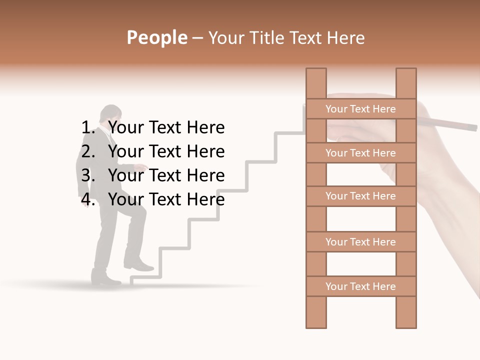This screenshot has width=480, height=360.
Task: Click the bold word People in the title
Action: point(156,37)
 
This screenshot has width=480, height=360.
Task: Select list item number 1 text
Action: point(166,127)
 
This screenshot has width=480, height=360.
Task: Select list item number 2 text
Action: point(166,151)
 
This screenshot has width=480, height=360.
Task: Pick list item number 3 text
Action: point(166,175)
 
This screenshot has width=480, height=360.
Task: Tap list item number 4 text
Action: point(166,199)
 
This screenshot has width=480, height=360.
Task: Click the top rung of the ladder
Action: point(360,109)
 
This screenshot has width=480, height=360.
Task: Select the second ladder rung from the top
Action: point(360,153)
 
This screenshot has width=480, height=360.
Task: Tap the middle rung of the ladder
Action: point(360,196)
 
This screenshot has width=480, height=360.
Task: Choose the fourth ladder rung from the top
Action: point(360,242)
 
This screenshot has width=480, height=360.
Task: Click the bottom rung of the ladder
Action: point(360,286)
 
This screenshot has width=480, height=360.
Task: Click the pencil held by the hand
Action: point(450,123)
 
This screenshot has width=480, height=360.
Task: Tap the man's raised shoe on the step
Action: point(138,265)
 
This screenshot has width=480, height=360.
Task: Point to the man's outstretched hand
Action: point(142,167)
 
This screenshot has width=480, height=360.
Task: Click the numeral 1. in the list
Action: point(88,127)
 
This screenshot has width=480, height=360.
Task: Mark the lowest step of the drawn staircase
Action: point(145,276)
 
